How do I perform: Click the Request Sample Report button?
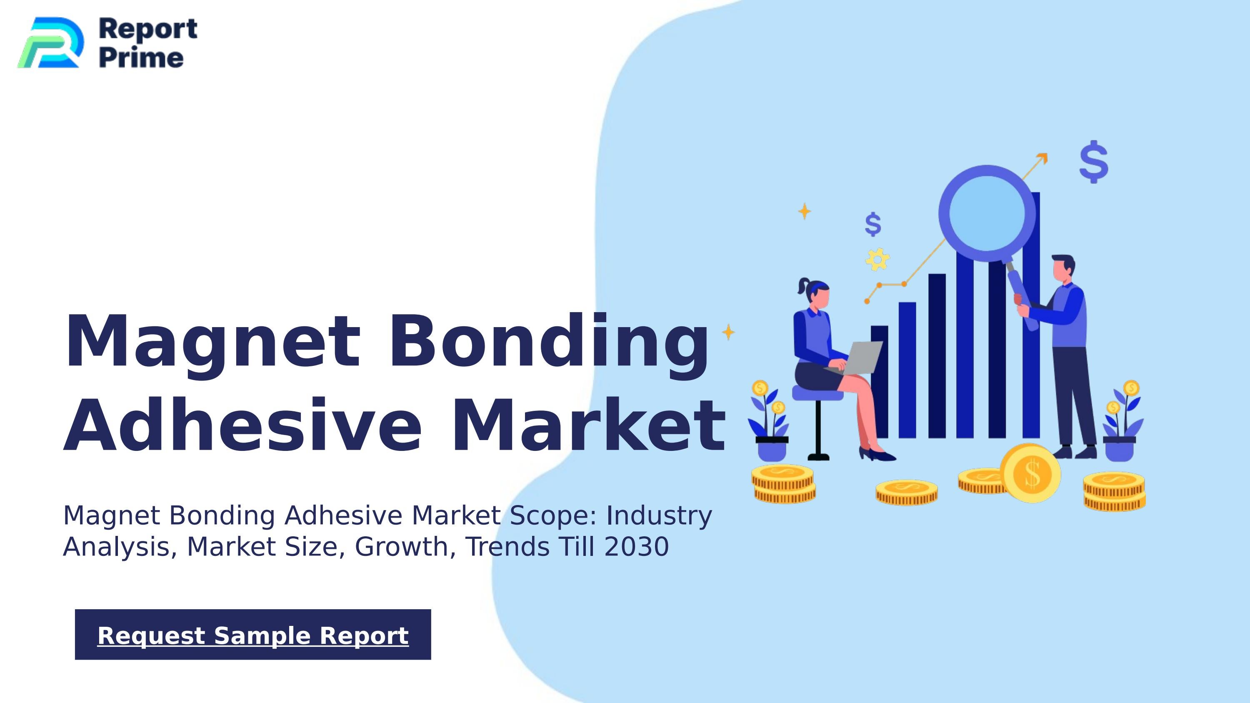[x=253, y=635]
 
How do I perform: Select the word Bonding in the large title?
[x=548, y=342]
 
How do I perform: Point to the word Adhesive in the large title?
[x=242, y=425]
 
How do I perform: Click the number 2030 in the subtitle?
[x=637, y=547]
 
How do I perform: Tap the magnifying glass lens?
[x=987, y=213]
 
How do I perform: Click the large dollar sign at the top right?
[x=1094, y=162]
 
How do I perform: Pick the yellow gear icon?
[x=877, y=259]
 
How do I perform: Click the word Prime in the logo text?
[x=141, y=58]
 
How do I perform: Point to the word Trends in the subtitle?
[x=508, y=547]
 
